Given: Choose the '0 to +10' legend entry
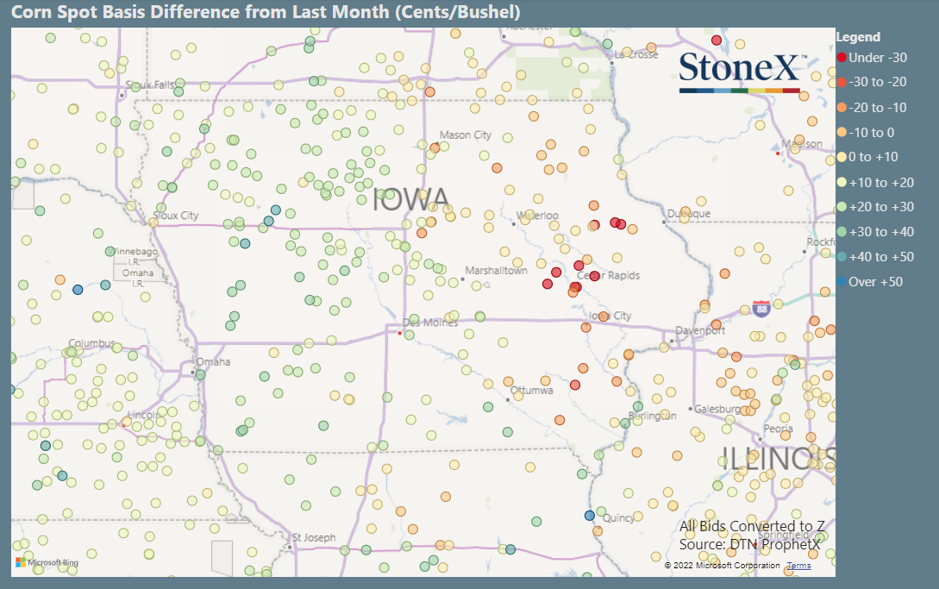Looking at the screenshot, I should coord(874,158).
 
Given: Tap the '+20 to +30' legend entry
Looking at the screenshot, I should coord(880,207).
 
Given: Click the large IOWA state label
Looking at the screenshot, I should coord(411,200).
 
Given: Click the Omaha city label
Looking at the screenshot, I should coord(213,362).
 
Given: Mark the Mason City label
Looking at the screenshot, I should coord(466,135).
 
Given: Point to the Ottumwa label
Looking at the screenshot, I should coord(532,391).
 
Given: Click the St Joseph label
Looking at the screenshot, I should coord(314,538).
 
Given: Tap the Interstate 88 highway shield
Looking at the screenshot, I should coord(761,309).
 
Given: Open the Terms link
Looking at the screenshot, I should coord(798,566).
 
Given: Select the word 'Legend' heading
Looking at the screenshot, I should coord(859,37).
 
